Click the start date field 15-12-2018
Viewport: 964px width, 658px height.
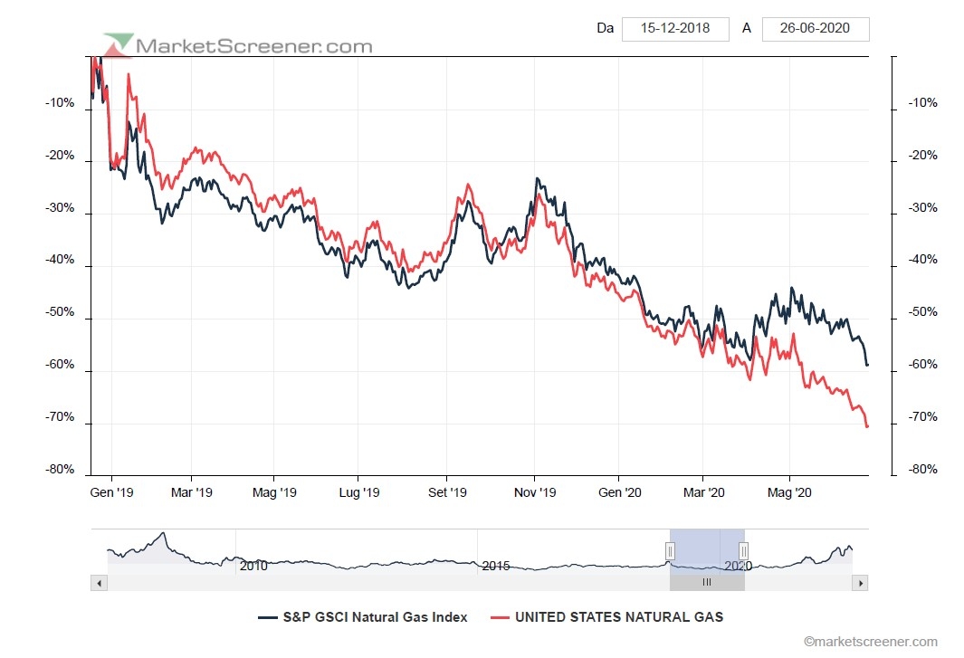click(x=675, y=28)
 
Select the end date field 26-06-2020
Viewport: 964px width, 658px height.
click(x=816, y=28)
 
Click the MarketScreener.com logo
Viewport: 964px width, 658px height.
click(x=238, y=44)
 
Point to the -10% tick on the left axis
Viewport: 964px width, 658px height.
click(x=62, y=103)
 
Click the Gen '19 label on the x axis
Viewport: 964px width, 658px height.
click(x=112, y=492)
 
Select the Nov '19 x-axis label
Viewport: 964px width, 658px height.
click(x=535, y=492)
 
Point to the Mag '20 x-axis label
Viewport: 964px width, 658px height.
click(x=790, y=492)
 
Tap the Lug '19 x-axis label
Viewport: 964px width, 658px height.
click(x=358, y=492)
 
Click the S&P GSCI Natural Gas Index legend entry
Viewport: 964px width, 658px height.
click(x=363, y=617)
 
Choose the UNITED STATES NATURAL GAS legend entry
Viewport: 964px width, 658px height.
click(x=606, y=617)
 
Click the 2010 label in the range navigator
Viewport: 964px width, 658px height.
click(x=253, y=566)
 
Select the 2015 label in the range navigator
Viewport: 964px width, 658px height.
click(x=496, y=566)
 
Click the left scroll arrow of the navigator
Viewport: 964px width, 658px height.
click(x=99, y=584)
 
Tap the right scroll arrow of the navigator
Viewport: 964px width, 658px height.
click(x=860, y=584)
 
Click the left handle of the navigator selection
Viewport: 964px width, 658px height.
click(x=670, y=550)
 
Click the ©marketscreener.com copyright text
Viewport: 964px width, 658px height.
click(x=870, y=642)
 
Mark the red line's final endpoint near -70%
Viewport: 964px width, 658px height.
click(x=867, y=426)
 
